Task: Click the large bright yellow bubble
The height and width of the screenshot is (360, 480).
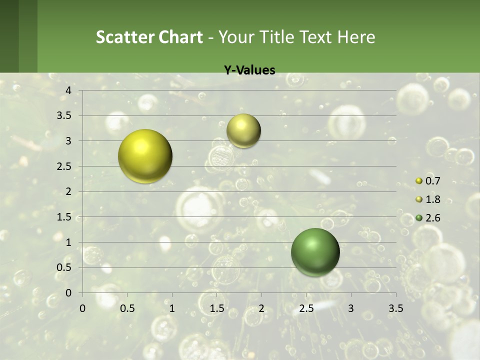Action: click(x=145, y=156)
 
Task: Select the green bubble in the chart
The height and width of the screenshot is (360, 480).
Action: click(x=315, y=252)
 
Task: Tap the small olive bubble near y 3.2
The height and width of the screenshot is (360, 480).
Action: click(x=243, y=130)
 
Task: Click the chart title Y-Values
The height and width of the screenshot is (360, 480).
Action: click(x=249, y=70)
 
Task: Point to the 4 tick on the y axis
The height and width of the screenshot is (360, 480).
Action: click(x=69, y=90)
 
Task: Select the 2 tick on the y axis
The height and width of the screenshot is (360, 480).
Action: click(x=69, y=191)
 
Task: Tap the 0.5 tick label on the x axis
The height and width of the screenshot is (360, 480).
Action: click(x=127, y=308)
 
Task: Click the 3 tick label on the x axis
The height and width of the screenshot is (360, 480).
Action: click(x=351, y=308)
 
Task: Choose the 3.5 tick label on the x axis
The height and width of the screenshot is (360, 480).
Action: click(x=395, y=308)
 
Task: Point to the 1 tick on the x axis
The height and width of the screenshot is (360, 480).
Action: click(x=172, y=308)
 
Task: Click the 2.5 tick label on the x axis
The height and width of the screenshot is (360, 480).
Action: click(x=306, y=308)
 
